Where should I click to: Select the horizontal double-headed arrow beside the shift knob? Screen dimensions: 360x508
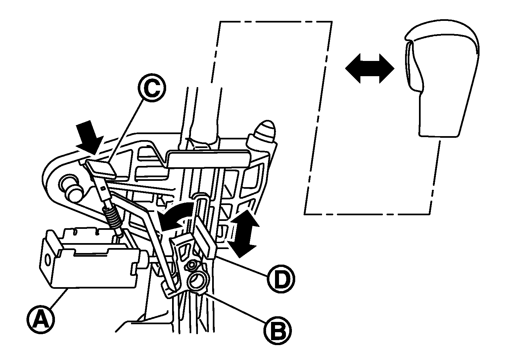pyautogui.click(x=370, y=69)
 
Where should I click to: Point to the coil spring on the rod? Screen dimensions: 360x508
pyautogui.click(x=113, y=218)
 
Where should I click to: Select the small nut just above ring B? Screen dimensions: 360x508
pyautogui.click(x=191, y=265)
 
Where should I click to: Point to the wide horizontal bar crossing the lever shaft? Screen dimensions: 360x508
pyautogui.click(x=208, y=159)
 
